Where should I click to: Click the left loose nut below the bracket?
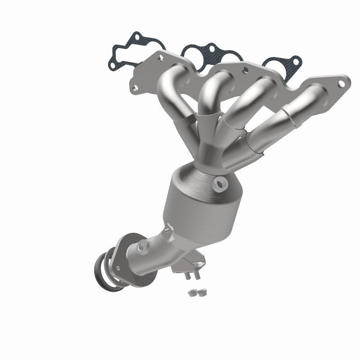191,292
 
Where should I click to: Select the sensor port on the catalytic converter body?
221,183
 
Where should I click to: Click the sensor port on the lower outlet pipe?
142,246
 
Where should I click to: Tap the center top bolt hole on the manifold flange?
245,70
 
